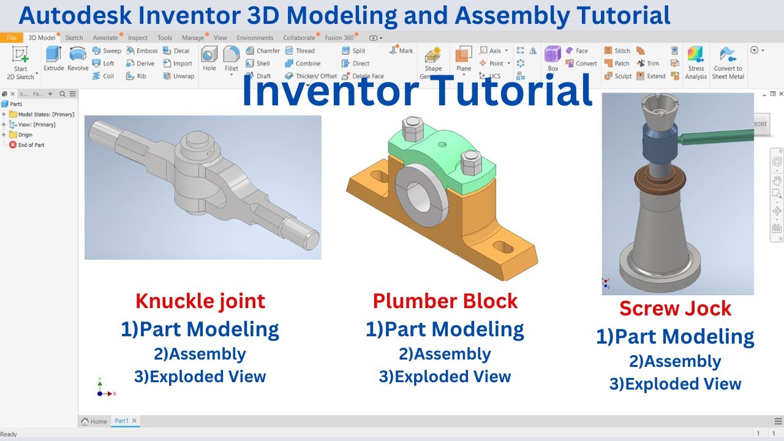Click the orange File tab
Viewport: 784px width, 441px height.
point(11,38)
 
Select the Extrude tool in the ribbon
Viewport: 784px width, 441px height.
point(54,59)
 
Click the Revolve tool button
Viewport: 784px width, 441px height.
point(78,59)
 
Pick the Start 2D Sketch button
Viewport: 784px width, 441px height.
point(20,62)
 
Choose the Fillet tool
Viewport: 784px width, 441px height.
point(232,59)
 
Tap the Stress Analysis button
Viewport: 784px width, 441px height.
point(696,62)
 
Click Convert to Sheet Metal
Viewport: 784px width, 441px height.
point(728,62)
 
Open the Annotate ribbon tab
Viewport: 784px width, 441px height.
point(105,38)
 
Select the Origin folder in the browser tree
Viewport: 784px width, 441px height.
point(25,135)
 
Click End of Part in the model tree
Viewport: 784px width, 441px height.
point(31,145)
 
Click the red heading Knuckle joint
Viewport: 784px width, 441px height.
point(200,301)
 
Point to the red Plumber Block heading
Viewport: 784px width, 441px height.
point(445,301)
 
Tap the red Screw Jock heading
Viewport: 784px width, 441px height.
point(675,308)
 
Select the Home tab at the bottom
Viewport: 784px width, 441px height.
point(94,421)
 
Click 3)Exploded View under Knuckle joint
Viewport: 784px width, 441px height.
point(200,376)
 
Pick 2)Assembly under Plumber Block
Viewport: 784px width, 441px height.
point(445,354)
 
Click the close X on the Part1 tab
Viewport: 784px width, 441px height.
point(134,421)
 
